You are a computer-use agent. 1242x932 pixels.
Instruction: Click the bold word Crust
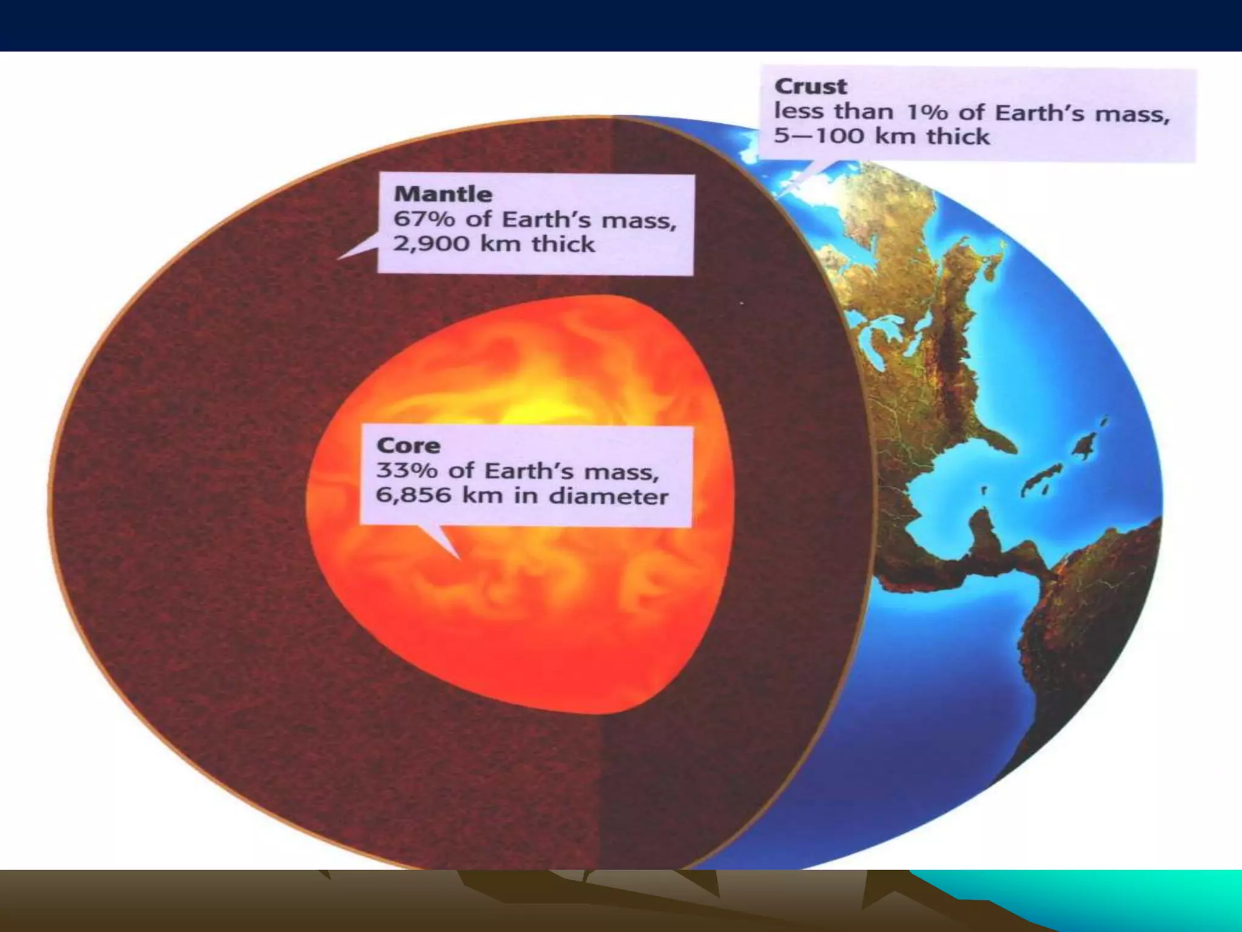click(810, 87)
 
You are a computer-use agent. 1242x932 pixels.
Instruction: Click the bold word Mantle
click(443, 194)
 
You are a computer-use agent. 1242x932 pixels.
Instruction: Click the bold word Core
click(408, 446)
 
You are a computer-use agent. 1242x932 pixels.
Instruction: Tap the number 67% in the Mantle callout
click(423, 219)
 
